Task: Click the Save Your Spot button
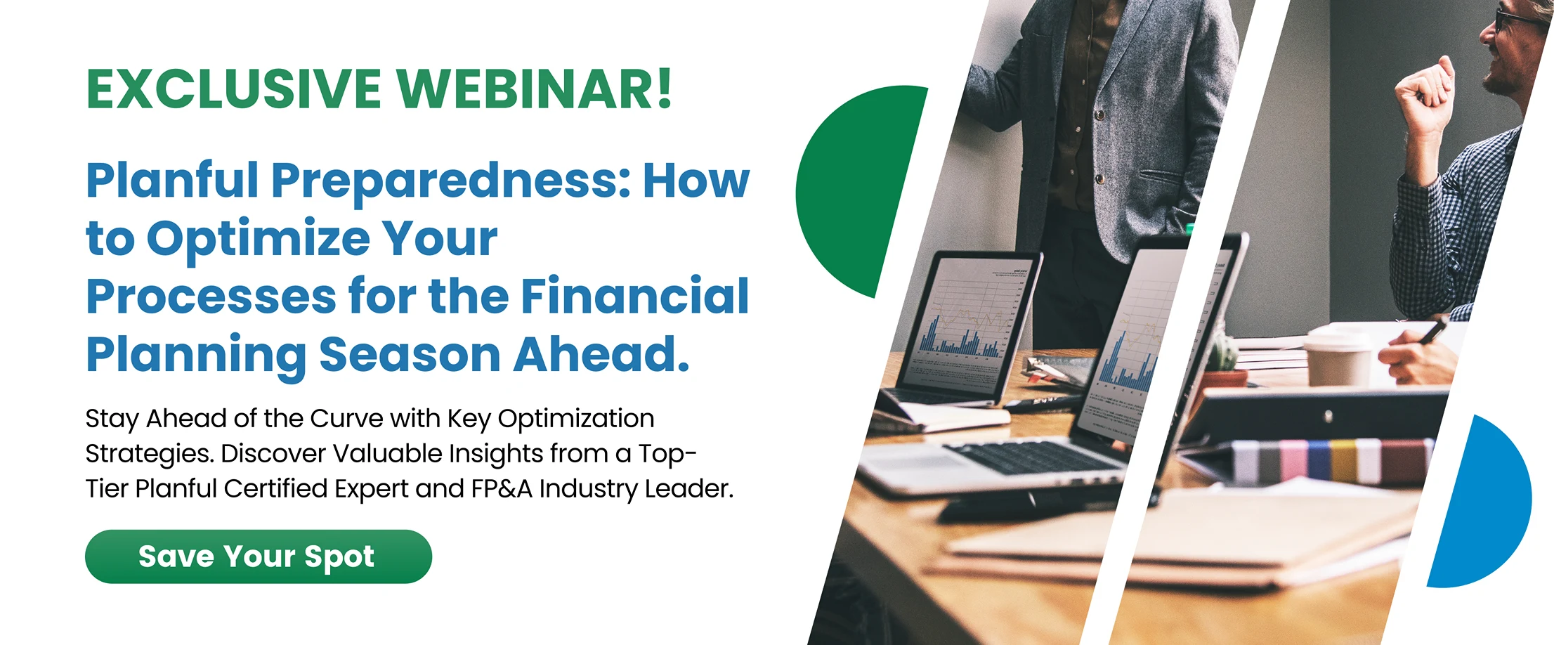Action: [x=259, y=556]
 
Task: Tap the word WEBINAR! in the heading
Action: [x=535, y=89]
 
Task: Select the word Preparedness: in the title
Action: [x=451, y=181]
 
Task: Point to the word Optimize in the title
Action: [x=259, y=240]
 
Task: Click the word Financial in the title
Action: [x=635, y=296]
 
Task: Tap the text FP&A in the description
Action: [x=502, y=489]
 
